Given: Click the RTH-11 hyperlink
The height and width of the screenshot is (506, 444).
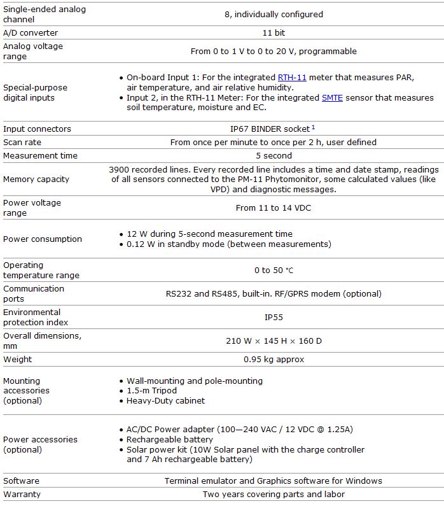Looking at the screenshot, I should [x=292, y=78].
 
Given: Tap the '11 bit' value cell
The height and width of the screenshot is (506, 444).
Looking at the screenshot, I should [x=274, y=32].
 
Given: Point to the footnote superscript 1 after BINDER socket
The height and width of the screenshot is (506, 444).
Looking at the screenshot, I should [x=314, y=127].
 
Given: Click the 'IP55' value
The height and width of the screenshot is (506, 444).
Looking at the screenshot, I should [x=274, y=317].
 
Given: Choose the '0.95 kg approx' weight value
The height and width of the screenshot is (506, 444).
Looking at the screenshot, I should [x=274, y=360].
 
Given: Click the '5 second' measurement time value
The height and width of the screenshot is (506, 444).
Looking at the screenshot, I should [x=274, y=156].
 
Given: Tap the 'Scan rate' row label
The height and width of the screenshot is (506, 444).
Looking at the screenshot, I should [x=22, y=143].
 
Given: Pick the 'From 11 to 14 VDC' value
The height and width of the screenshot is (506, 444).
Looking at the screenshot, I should [x=274, y=208].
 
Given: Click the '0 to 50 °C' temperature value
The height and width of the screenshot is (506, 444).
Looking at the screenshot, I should [x=274, y=271].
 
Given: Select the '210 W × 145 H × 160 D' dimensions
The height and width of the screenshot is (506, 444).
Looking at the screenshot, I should [x=274, y=341].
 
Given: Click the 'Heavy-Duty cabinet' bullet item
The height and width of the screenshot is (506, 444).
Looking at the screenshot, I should [x=165, y=401].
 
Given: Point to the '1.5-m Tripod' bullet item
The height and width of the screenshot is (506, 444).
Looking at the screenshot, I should [x=151, y=391].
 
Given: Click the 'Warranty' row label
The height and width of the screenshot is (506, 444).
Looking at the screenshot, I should [x=22, y=495].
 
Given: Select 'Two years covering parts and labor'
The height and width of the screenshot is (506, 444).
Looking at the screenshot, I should [x=274, y=495].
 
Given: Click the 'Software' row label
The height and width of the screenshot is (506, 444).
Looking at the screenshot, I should [x=21, y=481].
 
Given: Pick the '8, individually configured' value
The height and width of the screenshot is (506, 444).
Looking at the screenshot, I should [x=274, y=14].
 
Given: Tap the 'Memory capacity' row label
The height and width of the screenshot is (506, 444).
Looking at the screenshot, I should [x=36, y=179].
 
